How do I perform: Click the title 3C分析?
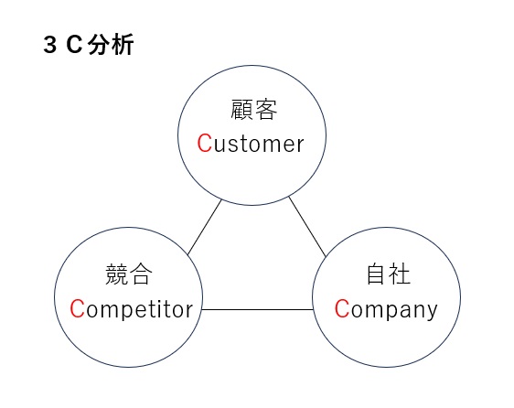click(89, 45)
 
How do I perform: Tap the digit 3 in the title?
click(49, 45)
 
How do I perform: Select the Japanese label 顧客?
click(253, 110)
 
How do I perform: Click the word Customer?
click(251, 144)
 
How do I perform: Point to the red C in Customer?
click(205, 143)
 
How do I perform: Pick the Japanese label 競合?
click(129, 274)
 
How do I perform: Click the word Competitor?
click(132, 308)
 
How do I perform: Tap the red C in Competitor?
click(78, 308)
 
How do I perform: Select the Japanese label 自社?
click(388, 274)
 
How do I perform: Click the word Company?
click(386, 309)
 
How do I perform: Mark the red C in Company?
click(342, 308)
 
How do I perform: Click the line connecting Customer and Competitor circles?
click(205, 227)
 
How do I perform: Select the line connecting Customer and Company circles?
click(307, 227)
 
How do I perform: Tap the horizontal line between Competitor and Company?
click(258, 309)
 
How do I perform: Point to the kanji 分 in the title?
click(99, 45)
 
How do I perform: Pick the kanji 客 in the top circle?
click(266, 110)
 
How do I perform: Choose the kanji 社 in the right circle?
click(400, 274)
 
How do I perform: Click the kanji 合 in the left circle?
click(141, 274)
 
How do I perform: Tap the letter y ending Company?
click(433, 313)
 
